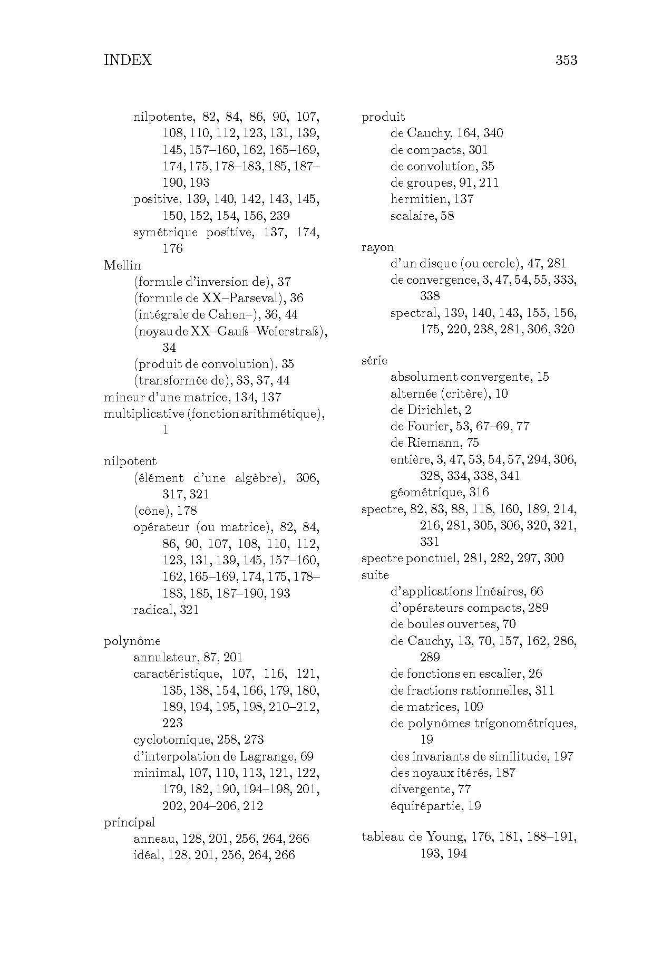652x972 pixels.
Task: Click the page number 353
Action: point(566,60)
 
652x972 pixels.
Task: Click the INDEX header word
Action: point(128,60)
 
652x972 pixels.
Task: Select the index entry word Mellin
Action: point(122,265)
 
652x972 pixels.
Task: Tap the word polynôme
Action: point(132,641)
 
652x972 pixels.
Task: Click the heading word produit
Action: point(383,117)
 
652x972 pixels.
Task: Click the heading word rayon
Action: point(377,247)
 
